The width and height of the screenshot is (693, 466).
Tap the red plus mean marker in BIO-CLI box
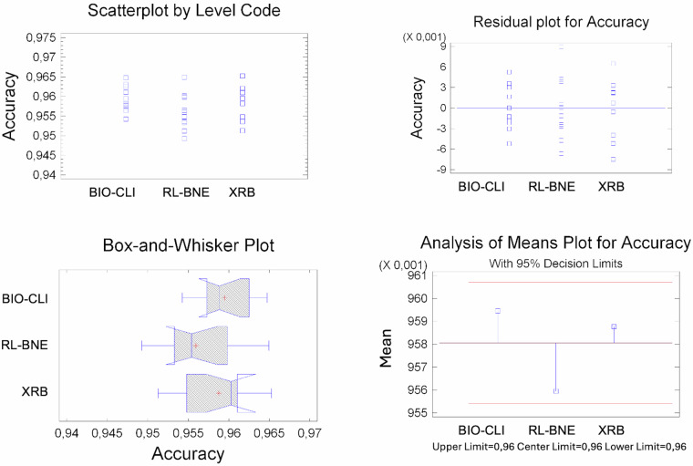(224, 297)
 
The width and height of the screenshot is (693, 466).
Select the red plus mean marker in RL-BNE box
(195, 346)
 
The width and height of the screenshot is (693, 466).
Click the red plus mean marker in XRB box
(219, 392)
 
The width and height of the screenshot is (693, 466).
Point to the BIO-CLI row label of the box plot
(27, 298)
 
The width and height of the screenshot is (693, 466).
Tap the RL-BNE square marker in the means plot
(555, 390)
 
